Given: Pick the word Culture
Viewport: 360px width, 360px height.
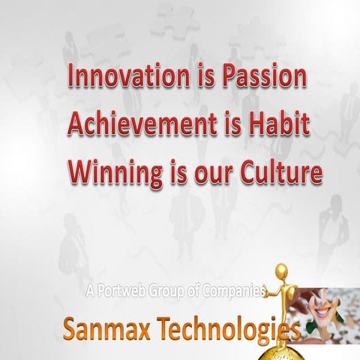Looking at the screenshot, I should point(282,172).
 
